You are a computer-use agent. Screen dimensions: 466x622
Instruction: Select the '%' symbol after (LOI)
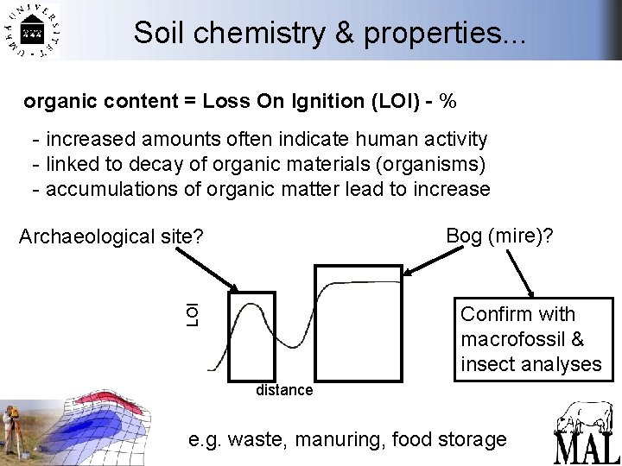point(447,101)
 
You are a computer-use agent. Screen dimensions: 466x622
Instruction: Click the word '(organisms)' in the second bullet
point(433,164)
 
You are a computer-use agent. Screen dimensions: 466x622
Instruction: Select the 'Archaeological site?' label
point(111,235)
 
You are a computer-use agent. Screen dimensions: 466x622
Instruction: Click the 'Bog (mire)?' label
point(499,235)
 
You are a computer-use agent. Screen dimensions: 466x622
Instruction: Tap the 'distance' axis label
point(284,390)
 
